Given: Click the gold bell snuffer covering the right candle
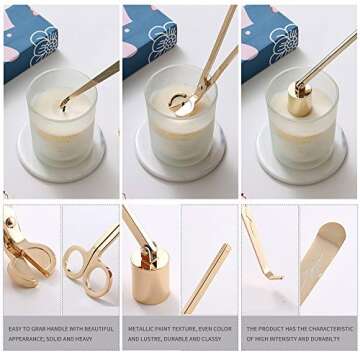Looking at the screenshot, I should click(299, 97).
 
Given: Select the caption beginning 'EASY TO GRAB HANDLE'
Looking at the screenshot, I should click(60, 332).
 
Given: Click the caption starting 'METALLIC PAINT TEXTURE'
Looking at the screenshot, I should click(180, 332).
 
